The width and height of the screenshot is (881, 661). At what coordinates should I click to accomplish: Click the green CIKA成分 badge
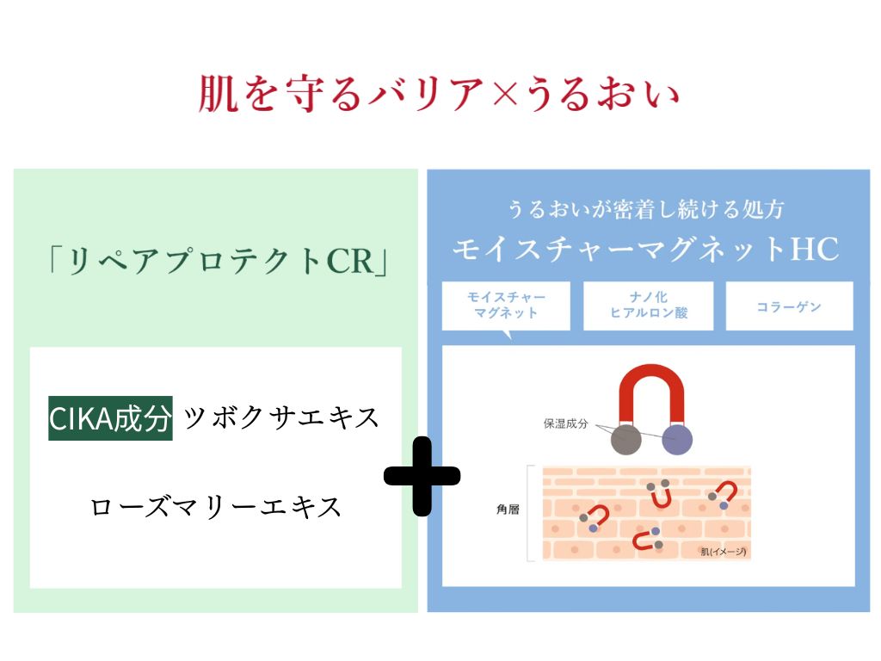tap(110, 417)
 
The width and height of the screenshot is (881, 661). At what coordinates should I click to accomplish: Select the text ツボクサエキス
tap(281, 417)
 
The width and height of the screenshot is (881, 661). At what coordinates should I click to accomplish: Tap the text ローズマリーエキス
tap(216, 507)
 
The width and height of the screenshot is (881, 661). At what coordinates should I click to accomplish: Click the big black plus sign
tap(422, 476)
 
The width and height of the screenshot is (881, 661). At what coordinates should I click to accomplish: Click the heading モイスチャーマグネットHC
tap(645, 250)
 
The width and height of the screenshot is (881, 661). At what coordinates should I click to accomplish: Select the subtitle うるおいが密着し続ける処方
tap(645, 209)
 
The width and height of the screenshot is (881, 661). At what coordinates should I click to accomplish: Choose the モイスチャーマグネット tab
tap(506, 305)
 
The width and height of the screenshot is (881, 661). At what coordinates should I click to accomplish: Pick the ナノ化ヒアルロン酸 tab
tap(649, 305)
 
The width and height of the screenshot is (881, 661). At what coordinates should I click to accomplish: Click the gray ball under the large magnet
tap(626, 440)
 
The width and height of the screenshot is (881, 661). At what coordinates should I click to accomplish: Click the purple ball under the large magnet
tap(678, 440)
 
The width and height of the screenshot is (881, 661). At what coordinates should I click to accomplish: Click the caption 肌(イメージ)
tap(723, 552)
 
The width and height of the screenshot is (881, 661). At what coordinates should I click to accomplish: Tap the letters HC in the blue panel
tap(815, 250)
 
